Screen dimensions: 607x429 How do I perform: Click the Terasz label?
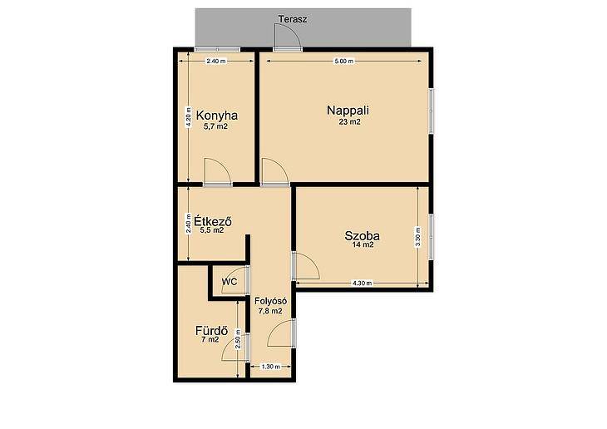(x=293, y=19)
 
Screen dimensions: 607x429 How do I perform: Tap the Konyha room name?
(x=217, y=116)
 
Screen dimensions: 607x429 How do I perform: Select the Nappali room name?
(x=348, y=111)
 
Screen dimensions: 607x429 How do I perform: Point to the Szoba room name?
(x=362, y=236)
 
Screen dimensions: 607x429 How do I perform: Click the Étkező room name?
(x=213, y=221)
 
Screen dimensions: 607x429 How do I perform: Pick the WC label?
(x=229, y=282)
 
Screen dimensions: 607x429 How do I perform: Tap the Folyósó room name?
(x=270, y=301)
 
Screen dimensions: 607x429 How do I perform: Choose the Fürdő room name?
(x=211, y=331)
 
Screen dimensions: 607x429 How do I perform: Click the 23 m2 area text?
(x=350, y=122)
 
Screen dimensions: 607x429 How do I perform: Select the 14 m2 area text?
(x=363, y=244)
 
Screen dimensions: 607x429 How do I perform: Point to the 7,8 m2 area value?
(x=269, y=311)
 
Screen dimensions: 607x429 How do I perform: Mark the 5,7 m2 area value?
(x=215, y=126)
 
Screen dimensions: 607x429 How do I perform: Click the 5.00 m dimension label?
(x=344, y=62)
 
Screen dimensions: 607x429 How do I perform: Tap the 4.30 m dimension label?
(x=362, y=283)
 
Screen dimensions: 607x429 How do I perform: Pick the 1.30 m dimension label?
(x=270, y=367)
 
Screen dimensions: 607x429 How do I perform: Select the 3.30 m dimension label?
(x=417, y=237)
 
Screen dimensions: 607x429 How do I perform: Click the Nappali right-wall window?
(x=431, y=111)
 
